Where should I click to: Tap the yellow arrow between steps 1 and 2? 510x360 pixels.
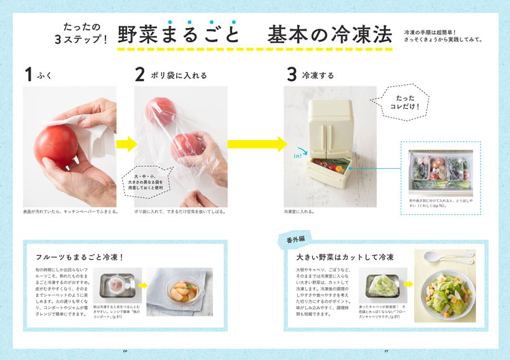point(126,144)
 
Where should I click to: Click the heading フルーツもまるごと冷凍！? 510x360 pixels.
point(80,257)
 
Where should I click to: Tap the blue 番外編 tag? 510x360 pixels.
point(291,239)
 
